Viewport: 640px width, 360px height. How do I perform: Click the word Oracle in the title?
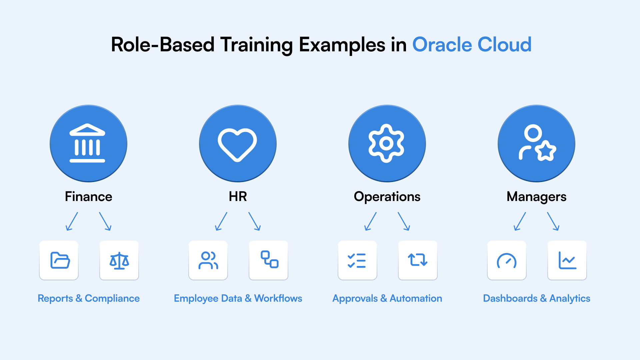[442, 45]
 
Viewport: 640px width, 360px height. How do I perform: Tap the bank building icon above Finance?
[87, 143]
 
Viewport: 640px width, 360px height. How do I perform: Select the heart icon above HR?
[237, 144]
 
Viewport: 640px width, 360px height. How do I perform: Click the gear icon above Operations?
[387, 143]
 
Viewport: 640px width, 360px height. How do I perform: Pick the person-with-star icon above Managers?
[537, 143]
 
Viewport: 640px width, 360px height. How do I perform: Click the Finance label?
[88, 197]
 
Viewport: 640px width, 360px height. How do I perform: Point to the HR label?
[238, 197]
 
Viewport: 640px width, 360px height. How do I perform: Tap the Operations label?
[387, 197]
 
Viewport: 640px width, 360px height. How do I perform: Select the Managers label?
[536, 197]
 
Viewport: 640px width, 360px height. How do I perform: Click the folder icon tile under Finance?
[59, 260]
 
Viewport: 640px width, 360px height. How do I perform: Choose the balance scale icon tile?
[119, 260]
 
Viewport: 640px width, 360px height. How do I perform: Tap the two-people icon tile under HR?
[208, 260]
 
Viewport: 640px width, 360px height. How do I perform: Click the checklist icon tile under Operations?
[357, 260]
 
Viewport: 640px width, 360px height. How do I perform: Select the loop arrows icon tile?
[418, 260]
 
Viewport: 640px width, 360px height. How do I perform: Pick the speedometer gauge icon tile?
[507, 260]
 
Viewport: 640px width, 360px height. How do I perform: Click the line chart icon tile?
[567, 260]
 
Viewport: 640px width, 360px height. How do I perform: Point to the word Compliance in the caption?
[112, 299]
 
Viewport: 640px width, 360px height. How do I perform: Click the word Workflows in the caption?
[278, 298]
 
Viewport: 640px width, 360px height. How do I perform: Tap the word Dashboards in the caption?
[510, 298]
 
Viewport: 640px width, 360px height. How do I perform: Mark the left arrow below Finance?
[72, 221]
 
